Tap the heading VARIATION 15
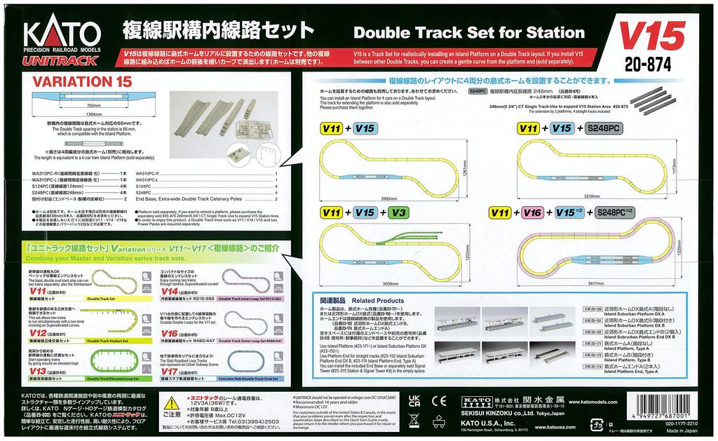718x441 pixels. coord(82,81)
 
